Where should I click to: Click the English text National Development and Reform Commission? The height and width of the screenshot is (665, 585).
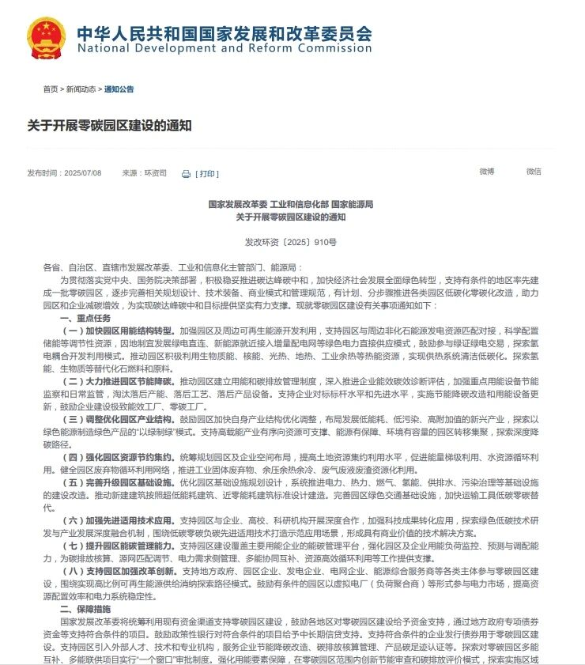(224, 49)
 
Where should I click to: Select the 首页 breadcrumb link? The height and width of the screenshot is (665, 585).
(51, 89)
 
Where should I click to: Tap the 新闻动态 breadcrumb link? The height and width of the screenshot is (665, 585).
(81, 89)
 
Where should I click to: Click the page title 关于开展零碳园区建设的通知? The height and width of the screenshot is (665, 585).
(110, 126)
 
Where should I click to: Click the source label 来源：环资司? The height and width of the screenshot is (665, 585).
(144, 173)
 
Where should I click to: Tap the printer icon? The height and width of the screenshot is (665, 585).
(186, 174)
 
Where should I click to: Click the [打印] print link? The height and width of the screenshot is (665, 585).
(207, 174)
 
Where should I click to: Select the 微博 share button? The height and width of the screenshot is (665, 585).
(486, 172)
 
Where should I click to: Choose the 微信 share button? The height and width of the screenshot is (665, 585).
(534, 172)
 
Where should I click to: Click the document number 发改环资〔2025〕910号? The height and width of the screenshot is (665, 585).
(290, 242)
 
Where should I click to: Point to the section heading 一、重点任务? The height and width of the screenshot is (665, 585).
(85, 317)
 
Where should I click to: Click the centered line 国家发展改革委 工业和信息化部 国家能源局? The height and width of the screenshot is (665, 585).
(290, 204)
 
